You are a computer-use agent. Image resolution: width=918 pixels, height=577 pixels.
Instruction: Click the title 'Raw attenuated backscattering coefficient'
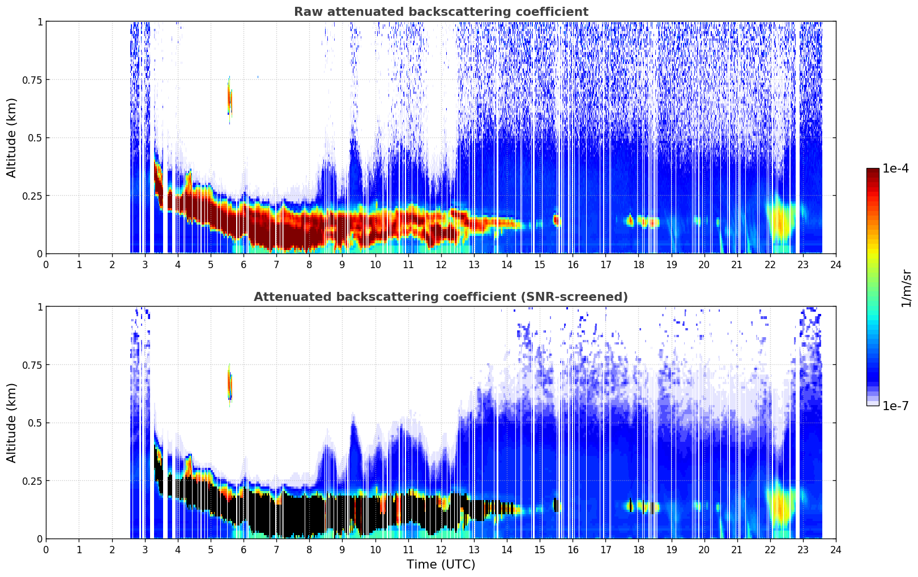[x=441, y=12]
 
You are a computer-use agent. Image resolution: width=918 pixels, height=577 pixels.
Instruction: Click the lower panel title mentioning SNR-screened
[x=441, y=297]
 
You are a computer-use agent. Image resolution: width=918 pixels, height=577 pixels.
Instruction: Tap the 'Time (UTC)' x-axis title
[x=441, y=565]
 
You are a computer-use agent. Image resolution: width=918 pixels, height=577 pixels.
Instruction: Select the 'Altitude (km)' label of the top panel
[x=12, y=137]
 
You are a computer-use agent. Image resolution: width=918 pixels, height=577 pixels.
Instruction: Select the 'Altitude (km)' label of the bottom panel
[x=12, y=423]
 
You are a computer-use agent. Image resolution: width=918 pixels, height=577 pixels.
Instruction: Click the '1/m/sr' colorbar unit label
[x=906, y=287]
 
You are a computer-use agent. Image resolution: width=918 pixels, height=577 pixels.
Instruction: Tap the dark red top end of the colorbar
[x=872, y=172]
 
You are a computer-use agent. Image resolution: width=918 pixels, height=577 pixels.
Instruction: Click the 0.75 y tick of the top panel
[x=32, y=80]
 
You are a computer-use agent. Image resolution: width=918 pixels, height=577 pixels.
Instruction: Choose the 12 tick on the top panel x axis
[x=441, y=264]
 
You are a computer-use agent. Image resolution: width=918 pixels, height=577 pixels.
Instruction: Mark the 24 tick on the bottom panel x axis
[x=836, y=549]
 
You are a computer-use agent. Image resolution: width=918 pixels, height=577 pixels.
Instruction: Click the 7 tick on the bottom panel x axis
[x=276, y=549]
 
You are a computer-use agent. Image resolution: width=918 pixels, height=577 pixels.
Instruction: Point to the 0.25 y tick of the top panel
[x=32, y=196]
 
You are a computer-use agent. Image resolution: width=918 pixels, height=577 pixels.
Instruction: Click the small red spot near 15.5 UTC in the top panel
[x=556, y=220]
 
